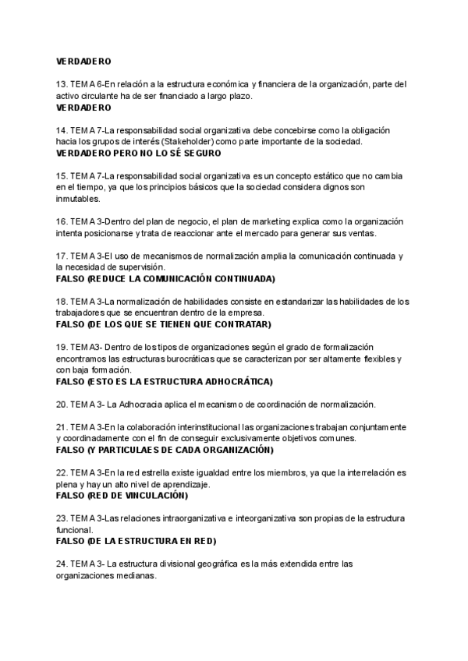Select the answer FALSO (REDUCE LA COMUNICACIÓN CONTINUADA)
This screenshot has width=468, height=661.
(165, 278)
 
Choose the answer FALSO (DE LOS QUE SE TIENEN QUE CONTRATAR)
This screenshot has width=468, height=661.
(163, 324)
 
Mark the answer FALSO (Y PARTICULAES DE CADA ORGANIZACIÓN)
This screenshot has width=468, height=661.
(165, 451)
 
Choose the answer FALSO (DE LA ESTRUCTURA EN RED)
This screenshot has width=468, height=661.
(136, 541)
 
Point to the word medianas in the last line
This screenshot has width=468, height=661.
(137, 575)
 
